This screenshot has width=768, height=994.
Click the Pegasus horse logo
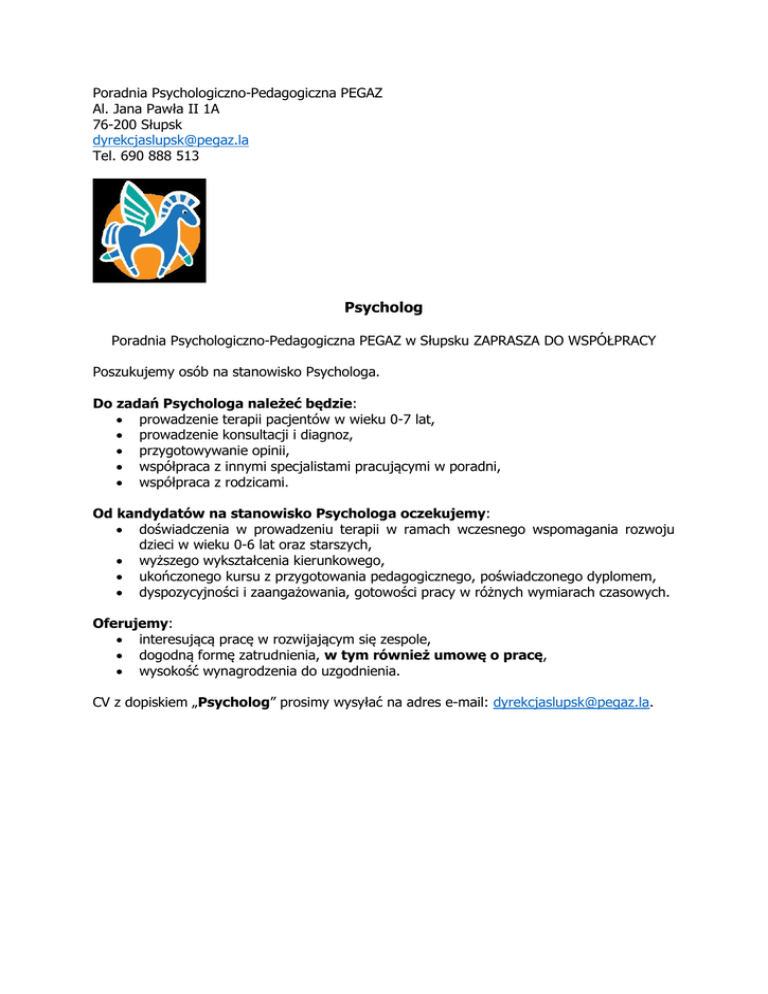pyautogui.click(x=149, y=229)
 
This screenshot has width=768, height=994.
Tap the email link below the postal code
pyautogui.click(x=170, y=141)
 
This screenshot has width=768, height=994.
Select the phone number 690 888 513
pyautogui.click(x=159, y=157)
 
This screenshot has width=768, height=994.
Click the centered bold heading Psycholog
pyautogui.click(x=383, y=306)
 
